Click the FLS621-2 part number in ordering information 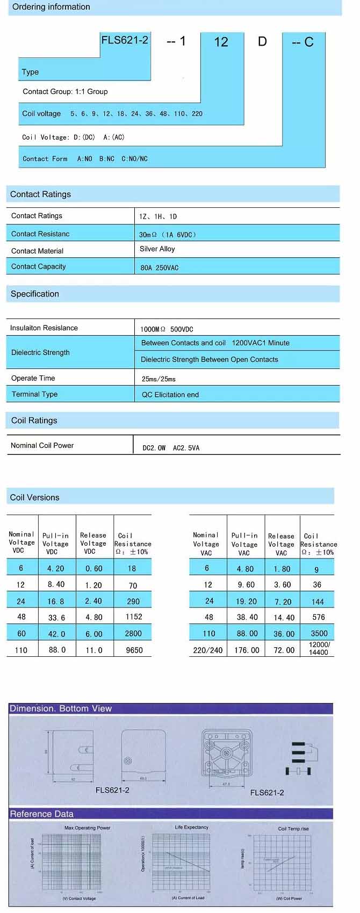coord(125,40)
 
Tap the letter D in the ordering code coord(262,41)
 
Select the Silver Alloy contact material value coord(157,249)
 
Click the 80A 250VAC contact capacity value coord(159,267)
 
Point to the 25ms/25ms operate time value coord(159,379)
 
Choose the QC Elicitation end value coord(170,395)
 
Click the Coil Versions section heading coord(34,497)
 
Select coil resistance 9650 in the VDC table coord(134,650)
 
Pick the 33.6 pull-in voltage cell coord(56,618)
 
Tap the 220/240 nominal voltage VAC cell coord(208,650)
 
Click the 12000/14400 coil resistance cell coord(319,648)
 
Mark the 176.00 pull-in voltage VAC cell coord(246,650)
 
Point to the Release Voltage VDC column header coord(93,543)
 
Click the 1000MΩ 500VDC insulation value coord(167,329)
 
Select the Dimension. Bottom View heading coord(61,708)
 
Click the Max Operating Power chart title coord(87,828)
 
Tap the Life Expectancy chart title coord(191,827)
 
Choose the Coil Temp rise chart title coord(293,829)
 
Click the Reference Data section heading coord(42,814)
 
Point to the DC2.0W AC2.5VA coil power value coord(170,448)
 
